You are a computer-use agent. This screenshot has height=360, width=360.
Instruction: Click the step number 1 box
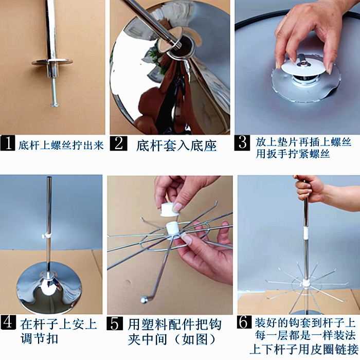point(8,143)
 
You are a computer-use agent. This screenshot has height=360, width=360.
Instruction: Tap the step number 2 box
point(118,143)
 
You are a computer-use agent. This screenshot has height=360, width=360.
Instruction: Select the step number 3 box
point(242,143)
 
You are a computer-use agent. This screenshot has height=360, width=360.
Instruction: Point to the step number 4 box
point(8,322)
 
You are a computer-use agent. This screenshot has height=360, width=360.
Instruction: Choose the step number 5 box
point(115,323)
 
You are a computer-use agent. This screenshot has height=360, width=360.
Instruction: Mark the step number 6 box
point(244,322)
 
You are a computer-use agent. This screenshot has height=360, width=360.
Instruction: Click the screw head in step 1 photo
point(55,105)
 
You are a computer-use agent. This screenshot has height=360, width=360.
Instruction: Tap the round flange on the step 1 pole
point(52,62)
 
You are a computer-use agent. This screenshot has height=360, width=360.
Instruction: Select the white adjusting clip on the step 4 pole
point(47,236)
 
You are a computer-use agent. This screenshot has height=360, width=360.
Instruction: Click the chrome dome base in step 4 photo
point(49,287)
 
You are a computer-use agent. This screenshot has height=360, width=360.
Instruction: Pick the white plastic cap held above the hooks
point(169,210)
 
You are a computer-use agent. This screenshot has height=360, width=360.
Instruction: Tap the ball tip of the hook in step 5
point(143,300)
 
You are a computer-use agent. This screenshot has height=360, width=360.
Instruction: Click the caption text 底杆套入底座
point(176,146)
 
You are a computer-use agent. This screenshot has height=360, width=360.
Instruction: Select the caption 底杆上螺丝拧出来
point(61,146)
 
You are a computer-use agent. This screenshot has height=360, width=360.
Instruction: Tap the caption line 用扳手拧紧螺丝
point(293,154)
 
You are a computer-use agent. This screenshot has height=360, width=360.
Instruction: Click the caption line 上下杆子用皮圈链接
point(304,349)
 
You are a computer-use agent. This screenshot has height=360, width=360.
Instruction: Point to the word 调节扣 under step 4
point(39,339)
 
